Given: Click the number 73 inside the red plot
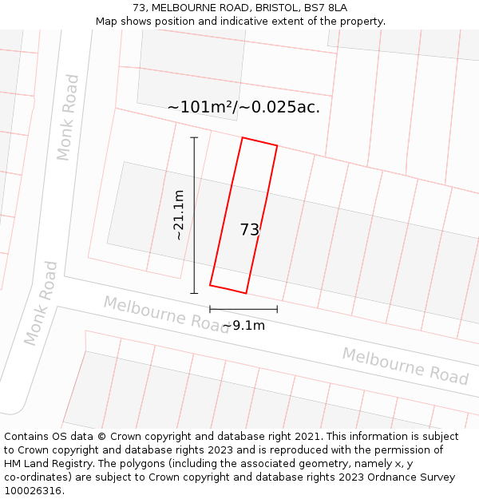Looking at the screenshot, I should [x=249, y=230].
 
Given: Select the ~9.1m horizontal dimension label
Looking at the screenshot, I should [x=243, y=325].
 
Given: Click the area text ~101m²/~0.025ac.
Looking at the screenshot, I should [x=243, y=107].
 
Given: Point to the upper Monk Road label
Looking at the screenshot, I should [x=68, y=117].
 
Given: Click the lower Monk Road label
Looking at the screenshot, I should [x=41, y=303].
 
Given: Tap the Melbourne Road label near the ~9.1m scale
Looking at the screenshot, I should [x=166, y=314].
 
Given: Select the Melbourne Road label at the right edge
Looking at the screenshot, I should [x=405, y=365].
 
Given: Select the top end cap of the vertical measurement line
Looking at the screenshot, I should [x=194, y=137].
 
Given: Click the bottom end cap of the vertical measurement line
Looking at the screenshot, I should [x=194, y=293].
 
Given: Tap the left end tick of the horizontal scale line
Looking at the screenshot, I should [x=210, y=309].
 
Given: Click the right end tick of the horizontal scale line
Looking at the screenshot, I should [x=277, y=309].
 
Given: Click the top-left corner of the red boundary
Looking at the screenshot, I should [x=243, y=137].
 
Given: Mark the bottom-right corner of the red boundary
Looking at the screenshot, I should [x=246, y=293].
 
